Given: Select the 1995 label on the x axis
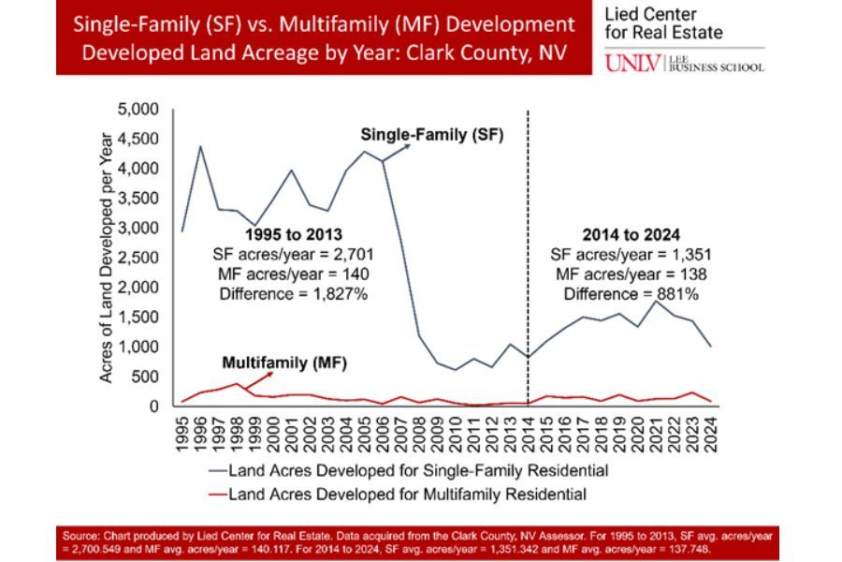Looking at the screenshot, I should tap(182, 434).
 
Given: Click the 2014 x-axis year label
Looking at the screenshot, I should tap(529, 434).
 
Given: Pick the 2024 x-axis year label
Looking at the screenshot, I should tap(712, 434).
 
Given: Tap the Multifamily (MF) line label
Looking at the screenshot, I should tap(278, 362).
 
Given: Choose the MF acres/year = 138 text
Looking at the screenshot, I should tap(629, 274).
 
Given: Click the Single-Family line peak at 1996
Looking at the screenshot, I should tap(200, 146).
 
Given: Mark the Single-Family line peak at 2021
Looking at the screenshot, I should tap(657, 302).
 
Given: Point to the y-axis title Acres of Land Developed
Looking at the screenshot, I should tap(108, 258).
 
